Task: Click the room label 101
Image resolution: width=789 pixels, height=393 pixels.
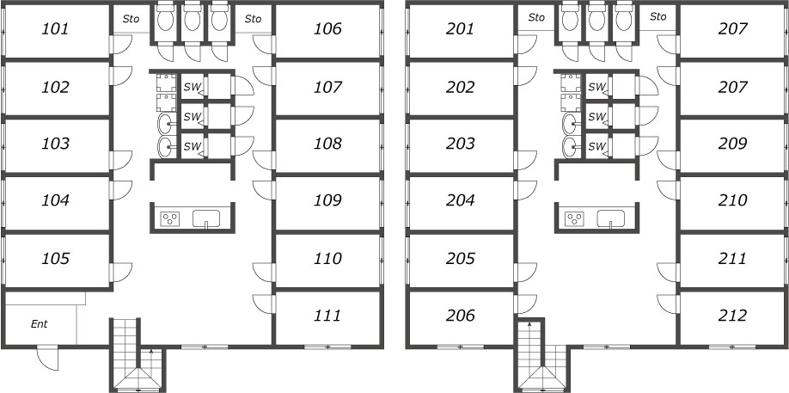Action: (55, 29)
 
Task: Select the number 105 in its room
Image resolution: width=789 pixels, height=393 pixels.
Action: (55, 259)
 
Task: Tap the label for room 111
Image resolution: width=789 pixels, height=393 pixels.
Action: (327, 316)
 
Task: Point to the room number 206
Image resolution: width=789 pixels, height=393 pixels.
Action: (461, 316)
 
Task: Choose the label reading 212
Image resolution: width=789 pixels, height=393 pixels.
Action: (732, 316)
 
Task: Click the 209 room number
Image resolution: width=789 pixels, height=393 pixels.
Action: (732, 144)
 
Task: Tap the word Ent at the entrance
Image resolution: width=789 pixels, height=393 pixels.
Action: (40, 324)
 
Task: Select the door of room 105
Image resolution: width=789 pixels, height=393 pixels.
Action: (121, 273)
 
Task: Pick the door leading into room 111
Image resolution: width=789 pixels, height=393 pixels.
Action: (263, 304)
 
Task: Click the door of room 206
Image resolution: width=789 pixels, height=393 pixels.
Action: (526, 304)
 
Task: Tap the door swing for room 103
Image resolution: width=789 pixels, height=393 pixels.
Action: (121, 160)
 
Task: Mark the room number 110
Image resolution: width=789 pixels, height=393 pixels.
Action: (327, 259)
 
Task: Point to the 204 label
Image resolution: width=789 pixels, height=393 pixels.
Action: (461, 200)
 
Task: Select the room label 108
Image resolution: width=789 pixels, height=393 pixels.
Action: (327, 144)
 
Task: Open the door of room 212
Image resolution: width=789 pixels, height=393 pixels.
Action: (668, 304)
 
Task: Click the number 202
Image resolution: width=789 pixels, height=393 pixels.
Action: (461, 88)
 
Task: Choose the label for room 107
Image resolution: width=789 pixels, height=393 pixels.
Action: (327, 88)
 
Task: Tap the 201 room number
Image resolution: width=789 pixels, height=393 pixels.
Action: (461, 29)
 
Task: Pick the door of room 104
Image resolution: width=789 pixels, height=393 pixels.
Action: (121, 190)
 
